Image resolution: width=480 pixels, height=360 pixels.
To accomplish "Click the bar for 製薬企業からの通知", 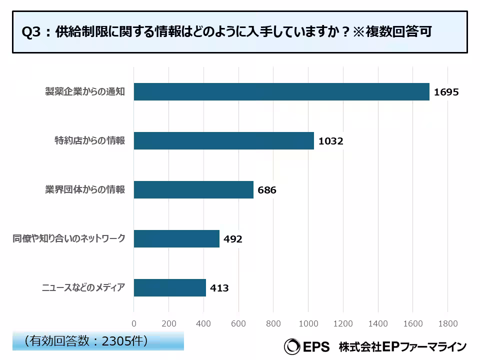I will (x=281, y=92).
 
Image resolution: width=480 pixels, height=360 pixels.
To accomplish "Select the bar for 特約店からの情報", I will (x=223, y=141).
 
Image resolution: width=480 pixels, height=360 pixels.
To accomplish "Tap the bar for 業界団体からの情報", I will (x=193, y=190).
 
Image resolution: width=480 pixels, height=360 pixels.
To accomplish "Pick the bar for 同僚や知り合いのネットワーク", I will (x=176, y=239).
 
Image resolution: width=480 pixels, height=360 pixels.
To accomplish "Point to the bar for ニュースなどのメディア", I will (x=170, y=288).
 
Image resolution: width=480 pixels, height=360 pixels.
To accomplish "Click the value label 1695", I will (x=446, y=92).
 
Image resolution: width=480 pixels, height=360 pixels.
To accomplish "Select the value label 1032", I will (x=331, y=141).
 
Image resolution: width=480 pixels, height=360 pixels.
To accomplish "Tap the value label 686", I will (x=267, y=190).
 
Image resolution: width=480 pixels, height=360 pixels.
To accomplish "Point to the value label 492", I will (x=233, y=239).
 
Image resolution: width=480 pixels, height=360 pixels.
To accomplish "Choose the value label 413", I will (x=219, y=288).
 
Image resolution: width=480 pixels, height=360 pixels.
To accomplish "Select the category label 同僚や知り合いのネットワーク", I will (x=68, y=239).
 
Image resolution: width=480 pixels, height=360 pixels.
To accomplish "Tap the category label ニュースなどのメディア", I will (x=83, y=288).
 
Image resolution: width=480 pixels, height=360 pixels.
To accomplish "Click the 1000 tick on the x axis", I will (x=308, y=323).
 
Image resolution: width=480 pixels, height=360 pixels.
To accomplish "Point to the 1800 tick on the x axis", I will (x=447, y=323).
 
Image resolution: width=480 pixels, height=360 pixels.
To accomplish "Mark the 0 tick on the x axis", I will (x=134, y=323).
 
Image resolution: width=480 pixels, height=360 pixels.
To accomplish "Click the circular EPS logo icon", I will (x=291, y=346).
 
